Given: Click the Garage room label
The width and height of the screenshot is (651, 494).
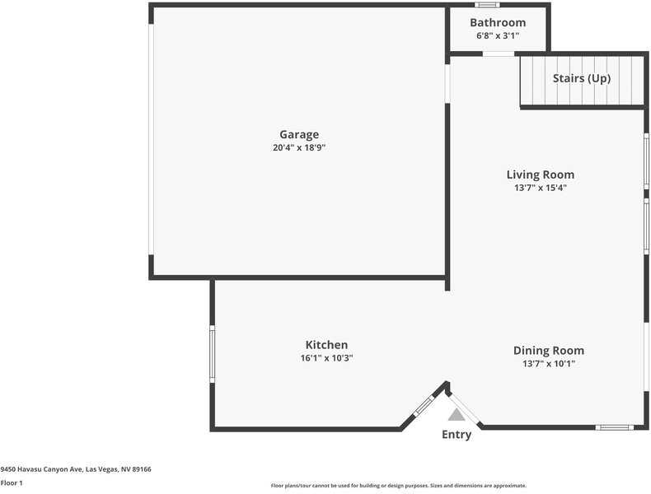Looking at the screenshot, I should coord(298,134).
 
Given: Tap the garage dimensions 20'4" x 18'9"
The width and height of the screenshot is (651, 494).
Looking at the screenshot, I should coord(298,148).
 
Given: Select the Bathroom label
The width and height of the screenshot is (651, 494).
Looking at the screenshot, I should coord(498,22).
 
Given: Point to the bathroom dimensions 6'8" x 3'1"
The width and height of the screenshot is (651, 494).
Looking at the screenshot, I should coord(498,35).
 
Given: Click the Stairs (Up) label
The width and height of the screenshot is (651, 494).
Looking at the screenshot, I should coord(582,78).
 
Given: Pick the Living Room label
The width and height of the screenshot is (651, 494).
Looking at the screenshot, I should coord(540,175).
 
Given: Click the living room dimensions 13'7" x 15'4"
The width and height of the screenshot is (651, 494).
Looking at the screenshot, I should coord(540,188).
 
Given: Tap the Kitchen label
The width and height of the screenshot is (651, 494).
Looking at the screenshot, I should coord(326,345).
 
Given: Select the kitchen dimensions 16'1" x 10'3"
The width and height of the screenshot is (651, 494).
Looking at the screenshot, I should coord(326,358).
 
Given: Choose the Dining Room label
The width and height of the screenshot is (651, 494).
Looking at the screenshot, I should coord(548,350).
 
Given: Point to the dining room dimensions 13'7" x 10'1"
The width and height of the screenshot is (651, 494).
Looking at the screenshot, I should coord(548,363).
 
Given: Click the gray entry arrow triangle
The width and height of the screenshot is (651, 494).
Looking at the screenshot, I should coord(457,415).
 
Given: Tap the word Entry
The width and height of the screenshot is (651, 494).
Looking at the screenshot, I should coord(457,435).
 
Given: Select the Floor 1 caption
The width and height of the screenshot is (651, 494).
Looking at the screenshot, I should coord(12,482).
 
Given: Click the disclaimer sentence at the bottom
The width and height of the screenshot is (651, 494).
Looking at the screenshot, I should coord(398,486).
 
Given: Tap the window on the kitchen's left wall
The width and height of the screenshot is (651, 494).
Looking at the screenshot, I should coord(212,353).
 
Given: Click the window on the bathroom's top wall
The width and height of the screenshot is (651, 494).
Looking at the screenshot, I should coord(487,5).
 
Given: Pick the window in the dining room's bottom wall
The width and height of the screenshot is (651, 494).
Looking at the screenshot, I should coord(614,427).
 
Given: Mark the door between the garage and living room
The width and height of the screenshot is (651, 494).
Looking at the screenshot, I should coord(447,83).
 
